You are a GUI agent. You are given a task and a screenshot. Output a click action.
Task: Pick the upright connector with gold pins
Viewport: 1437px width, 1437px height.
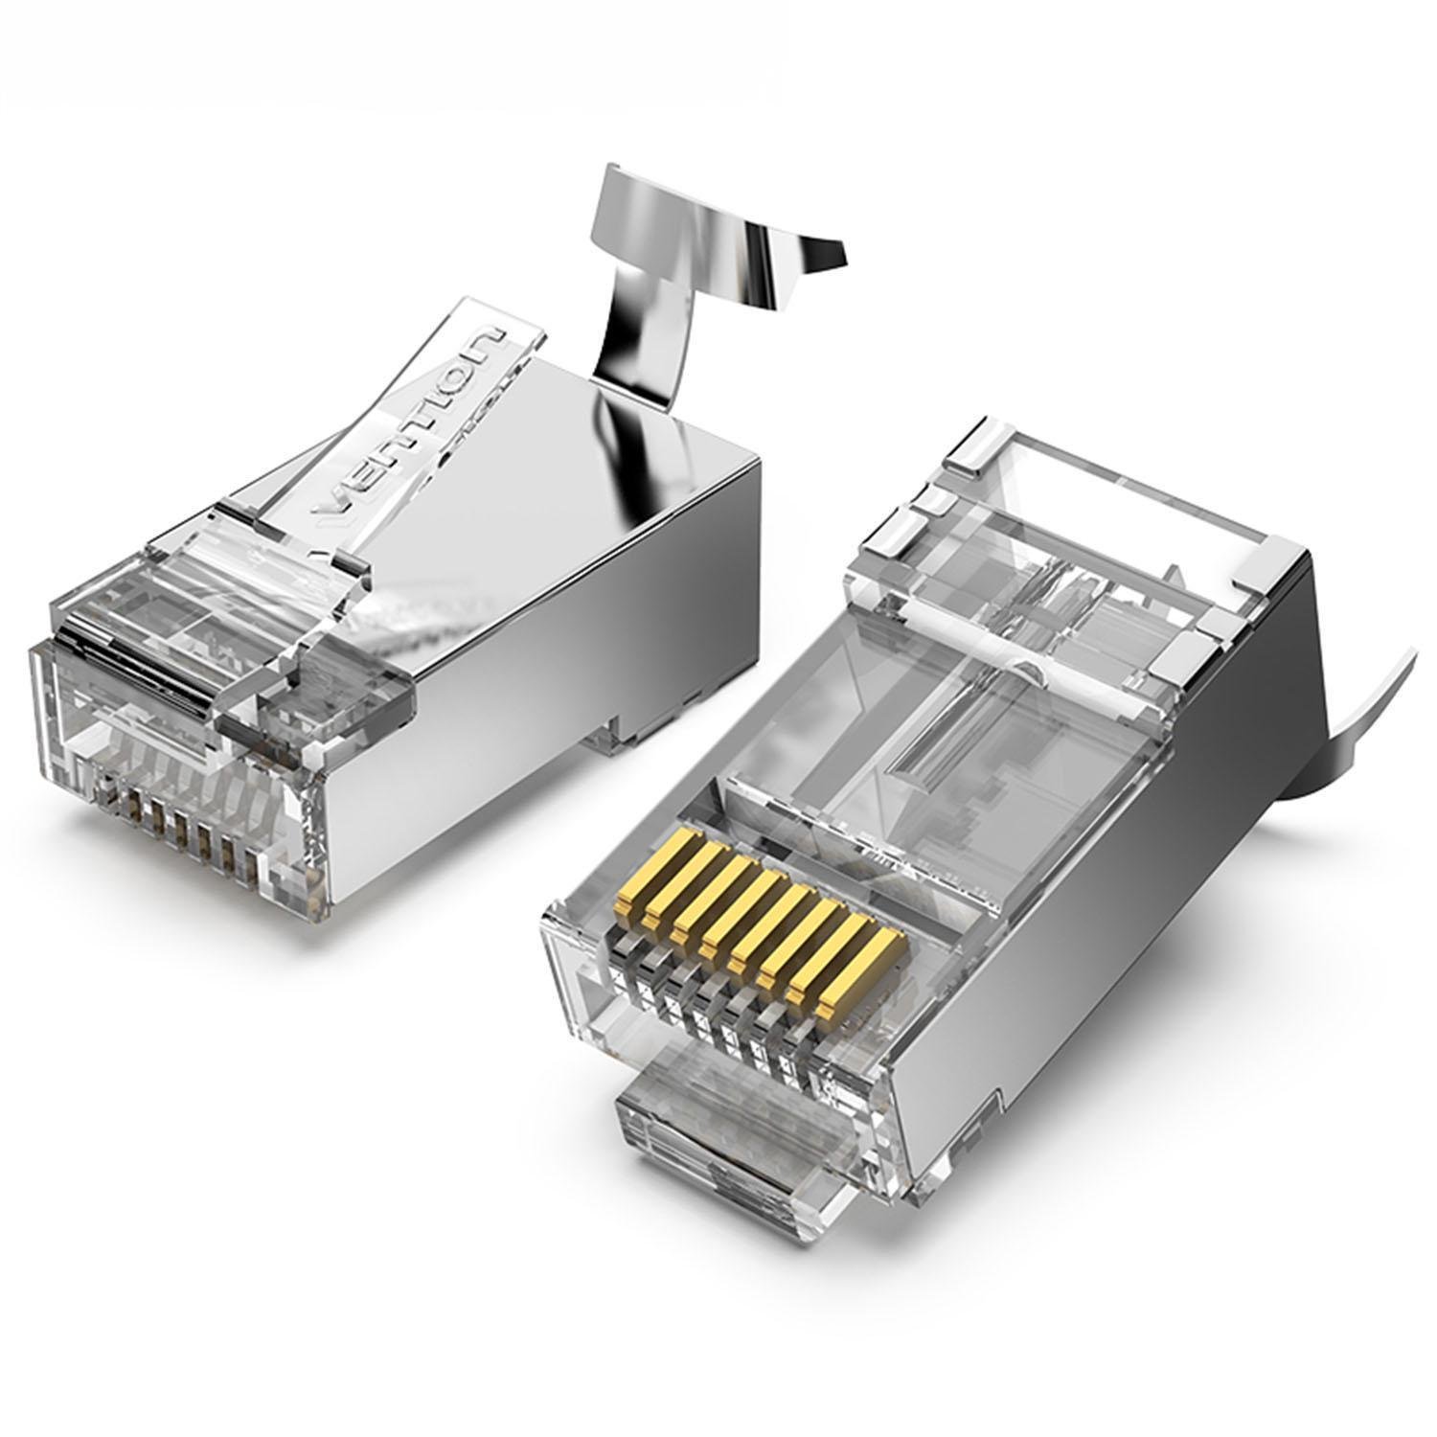[x=958, y=814]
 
